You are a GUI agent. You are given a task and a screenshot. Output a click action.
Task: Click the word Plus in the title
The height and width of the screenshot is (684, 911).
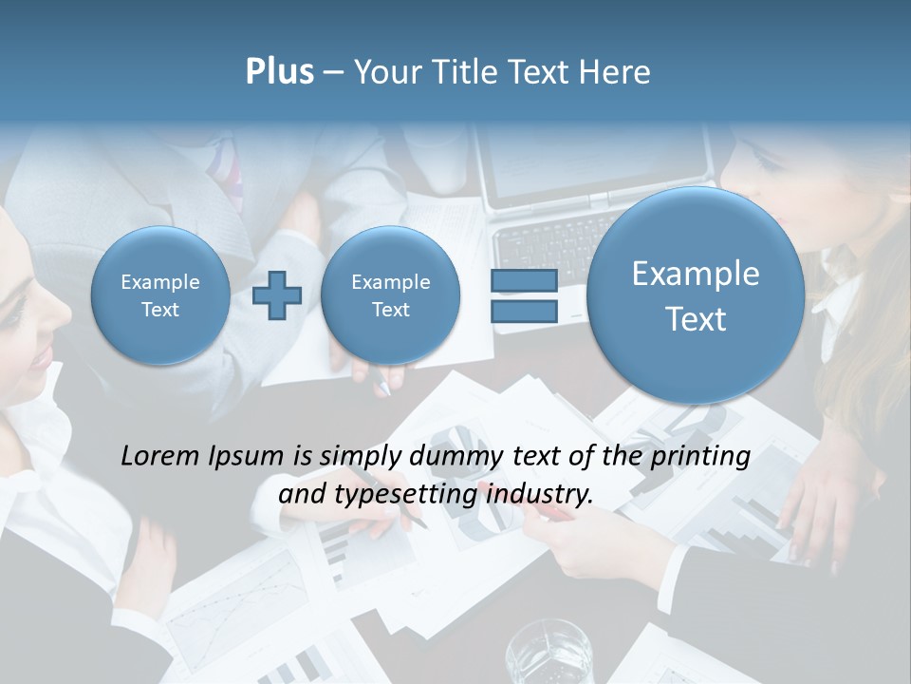click(x=279, y=72)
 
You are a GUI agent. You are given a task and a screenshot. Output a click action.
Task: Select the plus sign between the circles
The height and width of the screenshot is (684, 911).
click(x=277, y=295)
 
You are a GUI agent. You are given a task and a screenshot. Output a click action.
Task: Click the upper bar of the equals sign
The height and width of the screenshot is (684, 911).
click(x=524, y=279)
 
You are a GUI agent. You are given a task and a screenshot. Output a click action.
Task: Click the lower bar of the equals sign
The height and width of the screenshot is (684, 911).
click(x=524, y=311)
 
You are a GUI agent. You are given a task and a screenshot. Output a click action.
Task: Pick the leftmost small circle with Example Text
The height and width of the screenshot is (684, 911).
click(x=159, y=295)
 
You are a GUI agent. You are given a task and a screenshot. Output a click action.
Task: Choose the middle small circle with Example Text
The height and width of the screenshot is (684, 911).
click(x=390, y=295)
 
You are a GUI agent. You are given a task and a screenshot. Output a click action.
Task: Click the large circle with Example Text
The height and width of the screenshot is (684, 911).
click(x=696, y=295)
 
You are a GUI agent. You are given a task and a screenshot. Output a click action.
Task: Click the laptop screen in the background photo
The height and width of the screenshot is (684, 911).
click(x=593, y=157)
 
